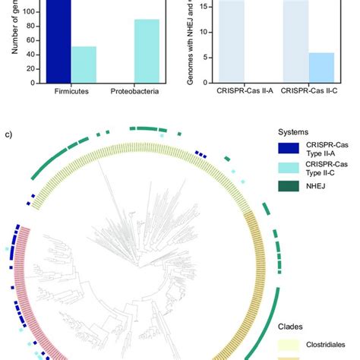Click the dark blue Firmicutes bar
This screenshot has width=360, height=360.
pyautogui.click(x=57, y=42)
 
